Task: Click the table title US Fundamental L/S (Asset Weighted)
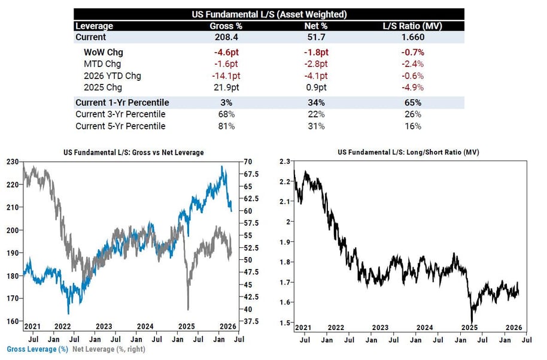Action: [269, 14]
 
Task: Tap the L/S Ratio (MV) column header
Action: [413, 26]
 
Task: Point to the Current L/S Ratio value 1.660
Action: [413, 37]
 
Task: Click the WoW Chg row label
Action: [104, 52]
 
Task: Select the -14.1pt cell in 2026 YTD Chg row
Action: [225, 75]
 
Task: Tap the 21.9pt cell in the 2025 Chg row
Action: [225, 87]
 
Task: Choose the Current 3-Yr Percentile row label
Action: [120, 114]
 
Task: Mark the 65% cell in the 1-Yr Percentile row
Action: [413, 102]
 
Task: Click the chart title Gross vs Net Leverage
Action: [133, 153]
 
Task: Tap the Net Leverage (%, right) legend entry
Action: [108, 349]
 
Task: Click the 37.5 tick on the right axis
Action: [250, 321]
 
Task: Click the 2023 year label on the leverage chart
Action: [104, 326]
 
